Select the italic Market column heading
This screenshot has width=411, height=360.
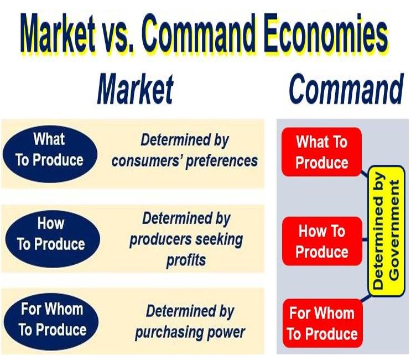[x=136, y=89]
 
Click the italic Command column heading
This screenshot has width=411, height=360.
[x=346, y=88]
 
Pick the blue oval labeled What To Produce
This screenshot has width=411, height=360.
[x=50, y=154]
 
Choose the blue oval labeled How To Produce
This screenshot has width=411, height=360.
[x=52, y=239]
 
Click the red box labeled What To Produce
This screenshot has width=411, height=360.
[x=321, y=152]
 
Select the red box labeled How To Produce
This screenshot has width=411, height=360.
[x=322, y=241]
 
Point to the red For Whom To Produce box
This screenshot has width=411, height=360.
[x=322, y=324]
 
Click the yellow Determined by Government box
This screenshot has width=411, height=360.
[x=386, y=231]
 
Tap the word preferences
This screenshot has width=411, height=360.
[x=222, y=161]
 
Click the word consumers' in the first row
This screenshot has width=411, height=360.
[x=147, y=160]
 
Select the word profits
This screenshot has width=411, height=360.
[x=186, y=260]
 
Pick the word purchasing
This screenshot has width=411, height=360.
[x=169, y=333]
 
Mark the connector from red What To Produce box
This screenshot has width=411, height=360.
[x=365, y=174]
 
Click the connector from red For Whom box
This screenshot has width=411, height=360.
[x=366, y=298]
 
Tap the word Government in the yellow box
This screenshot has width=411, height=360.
[x=394, y=231]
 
